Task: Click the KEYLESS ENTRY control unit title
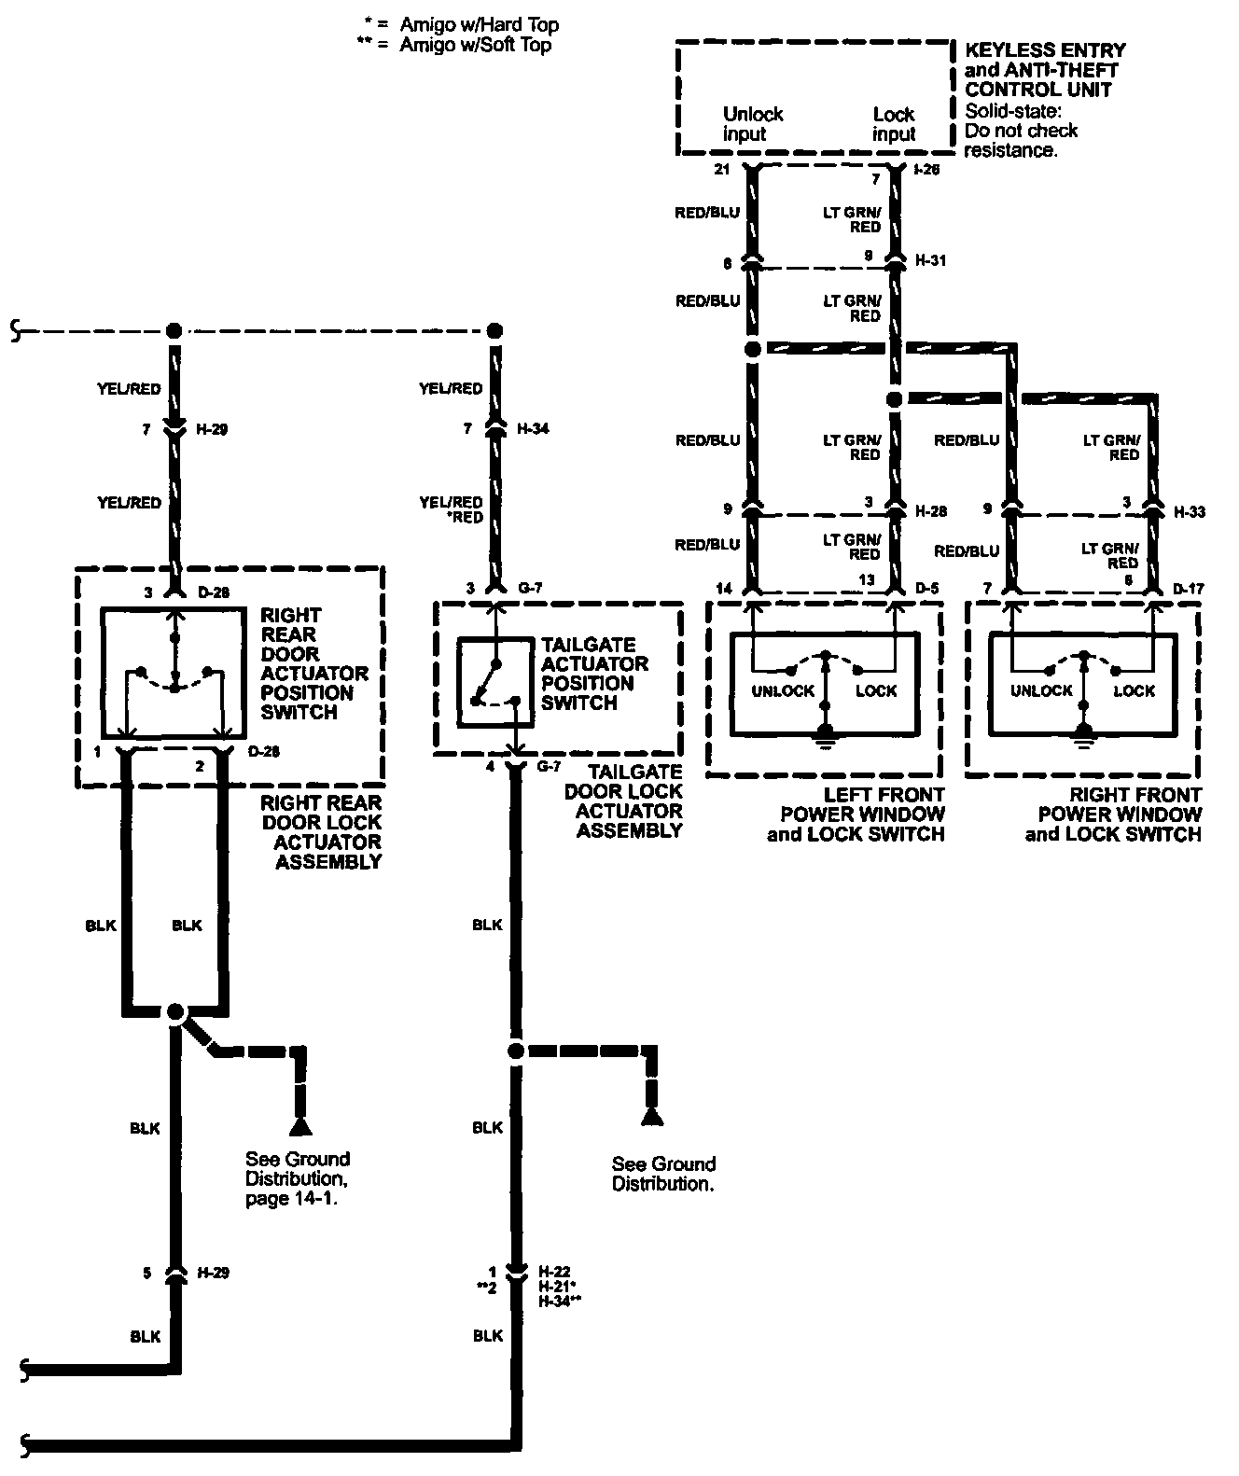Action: pyautogui.click(x=1045, y=70)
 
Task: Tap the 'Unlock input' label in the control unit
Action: pyautogui.click(x=752, y=124)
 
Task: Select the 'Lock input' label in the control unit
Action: pyautogui.click(x=894, y=124)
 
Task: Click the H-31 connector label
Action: pyautogui.click(x=930, y=261)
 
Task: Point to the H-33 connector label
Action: pyautogui.click(x=1190, y=512)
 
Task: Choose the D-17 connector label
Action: pyautogui.click(x=1189, y=589)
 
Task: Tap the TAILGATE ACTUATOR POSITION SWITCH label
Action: pyautogui.click(x=594, y=674)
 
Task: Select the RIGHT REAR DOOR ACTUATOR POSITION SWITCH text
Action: pyautogui.click(x=313, y=663)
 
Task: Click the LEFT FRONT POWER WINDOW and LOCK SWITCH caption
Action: pyautogui.click(x=856, y=815)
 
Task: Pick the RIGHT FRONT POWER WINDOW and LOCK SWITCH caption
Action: pyautogui.click(x=1115, y=815)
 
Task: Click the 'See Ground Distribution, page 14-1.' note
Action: pyautogui.click(x=297, y=1178)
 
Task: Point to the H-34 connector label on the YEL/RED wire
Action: pyautogui.click(x=535, y=429)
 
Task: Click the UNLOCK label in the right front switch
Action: pyautogui.click(x=1041, y=691)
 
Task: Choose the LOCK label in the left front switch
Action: pyautogui.click(x=875, y=691)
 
